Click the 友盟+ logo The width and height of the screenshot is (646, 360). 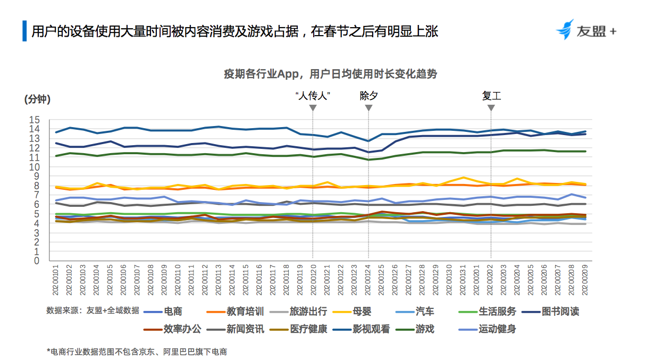pos(585,31)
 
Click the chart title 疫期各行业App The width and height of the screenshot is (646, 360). pos(330,74)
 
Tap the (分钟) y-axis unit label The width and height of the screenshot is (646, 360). pos(37,99)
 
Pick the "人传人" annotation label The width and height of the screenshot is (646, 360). pos(313,96)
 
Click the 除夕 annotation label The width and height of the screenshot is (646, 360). pos(368,96)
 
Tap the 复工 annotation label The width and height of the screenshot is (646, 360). pos(491,96)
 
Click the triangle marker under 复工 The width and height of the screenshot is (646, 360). pos(491,108)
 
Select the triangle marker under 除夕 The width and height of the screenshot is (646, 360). pos(368,108)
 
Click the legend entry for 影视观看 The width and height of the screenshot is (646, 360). pos(371,329)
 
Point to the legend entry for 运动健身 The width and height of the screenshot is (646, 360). pos(497,329)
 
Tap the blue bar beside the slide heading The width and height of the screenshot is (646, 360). pos(24,31)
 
